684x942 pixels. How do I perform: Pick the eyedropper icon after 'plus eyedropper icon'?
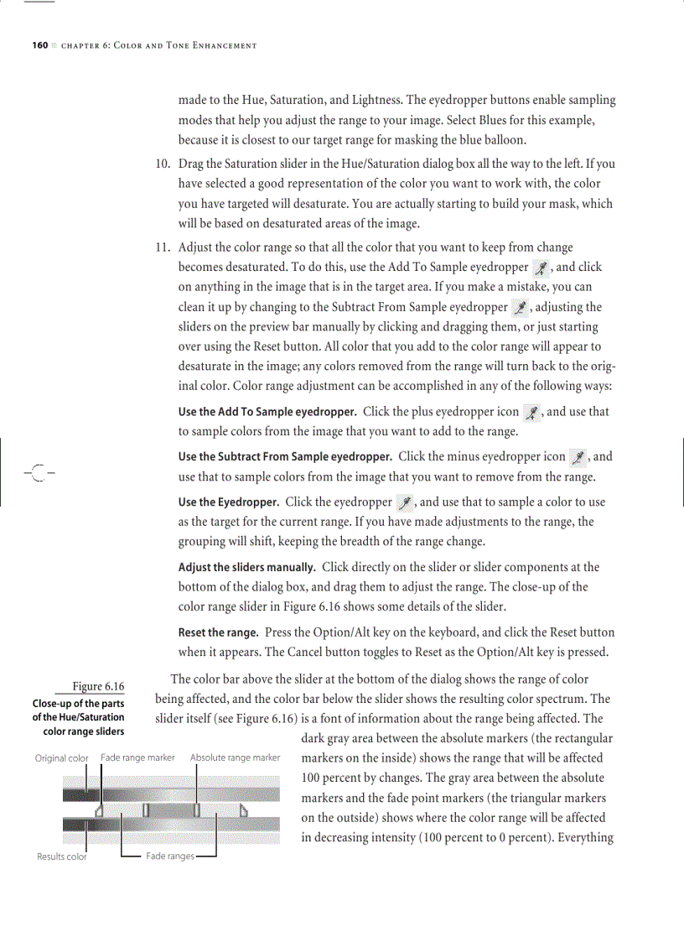(531, 413)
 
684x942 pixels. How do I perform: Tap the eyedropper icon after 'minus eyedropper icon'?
(578, 458)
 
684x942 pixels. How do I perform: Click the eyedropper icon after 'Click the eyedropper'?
(405, 503)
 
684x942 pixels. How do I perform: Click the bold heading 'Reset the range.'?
(219, 632)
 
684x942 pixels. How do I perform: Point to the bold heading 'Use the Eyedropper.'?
(229, 503)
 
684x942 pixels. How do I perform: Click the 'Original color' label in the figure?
(61, 758)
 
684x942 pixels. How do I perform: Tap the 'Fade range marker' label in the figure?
(137, 757)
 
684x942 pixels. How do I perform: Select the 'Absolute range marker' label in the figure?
(235, 757)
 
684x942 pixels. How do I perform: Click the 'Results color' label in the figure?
(61, 856)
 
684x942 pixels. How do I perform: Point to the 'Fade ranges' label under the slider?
(169, 856)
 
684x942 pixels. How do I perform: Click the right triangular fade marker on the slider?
(245, 809)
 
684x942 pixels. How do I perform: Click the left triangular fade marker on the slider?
(99, 810)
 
